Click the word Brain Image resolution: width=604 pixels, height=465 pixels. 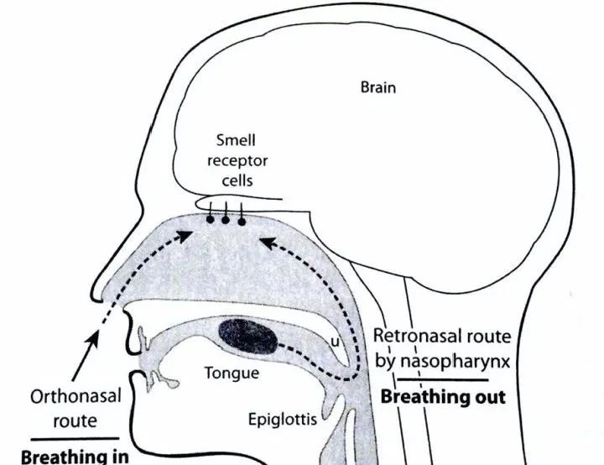pyautogui.click(x=377, y=87)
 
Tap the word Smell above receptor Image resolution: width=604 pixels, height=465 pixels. pyautogui.click(x=236, y=140)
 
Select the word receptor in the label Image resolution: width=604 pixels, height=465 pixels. pyautogui.click(x=237, y=161)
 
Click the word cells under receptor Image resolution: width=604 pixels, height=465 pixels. pyautogui.click(x=237, y=180)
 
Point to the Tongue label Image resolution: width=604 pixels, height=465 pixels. pyautogui.click(x=232, y=374)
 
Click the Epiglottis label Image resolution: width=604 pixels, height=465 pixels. pyautogui.click(x=283, y=420)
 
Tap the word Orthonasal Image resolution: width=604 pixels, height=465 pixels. pyautogui.click(x=75, y=396)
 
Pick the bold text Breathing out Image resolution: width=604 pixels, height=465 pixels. pyautogui.click(x=443, y=397)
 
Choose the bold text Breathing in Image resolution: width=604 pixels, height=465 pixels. pyautogui.click(x=75, y=457)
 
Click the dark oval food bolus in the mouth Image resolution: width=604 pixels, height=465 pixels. pyautogui.click(x=248, y=337)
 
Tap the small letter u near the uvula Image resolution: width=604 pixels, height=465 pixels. pyautogui.click(x=335, y=342)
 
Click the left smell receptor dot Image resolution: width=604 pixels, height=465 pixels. pyautogui.click(x=211, y=219)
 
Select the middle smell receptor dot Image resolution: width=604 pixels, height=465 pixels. pyautogui.click(x=226, y=220)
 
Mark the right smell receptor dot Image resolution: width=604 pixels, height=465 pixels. pyautogui.click(x=242, y=222)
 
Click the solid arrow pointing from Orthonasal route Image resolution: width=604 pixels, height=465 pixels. pyautogui.click(x=85, y=357)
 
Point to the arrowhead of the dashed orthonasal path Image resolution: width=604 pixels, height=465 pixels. pyautogui.click(x=185, y=235)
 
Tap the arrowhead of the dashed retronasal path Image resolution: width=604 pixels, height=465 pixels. pyautogui.click(x=268, y=243)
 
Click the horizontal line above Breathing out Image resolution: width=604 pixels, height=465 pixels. pyautogui.click(x=443, y=380)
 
